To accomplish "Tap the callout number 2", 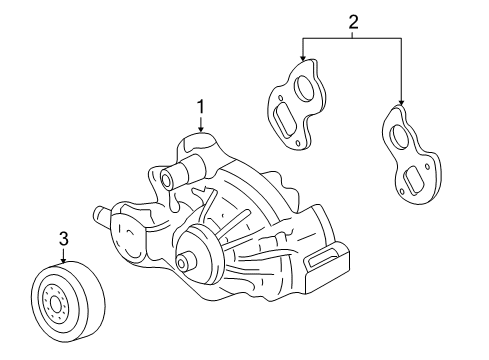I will pyautogui.click(x=351, y=20).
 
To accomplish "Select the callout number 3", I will pyautogui.click(x=63, y=239).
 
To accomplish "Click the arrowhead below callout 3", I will pyautogui.click(x=63, y=263).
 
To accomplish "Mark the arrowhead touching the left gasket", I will pyautogui.click(x=302, y=62).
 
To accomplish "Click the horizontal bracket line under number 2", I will pyautogui.click(x=351, y=38).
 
